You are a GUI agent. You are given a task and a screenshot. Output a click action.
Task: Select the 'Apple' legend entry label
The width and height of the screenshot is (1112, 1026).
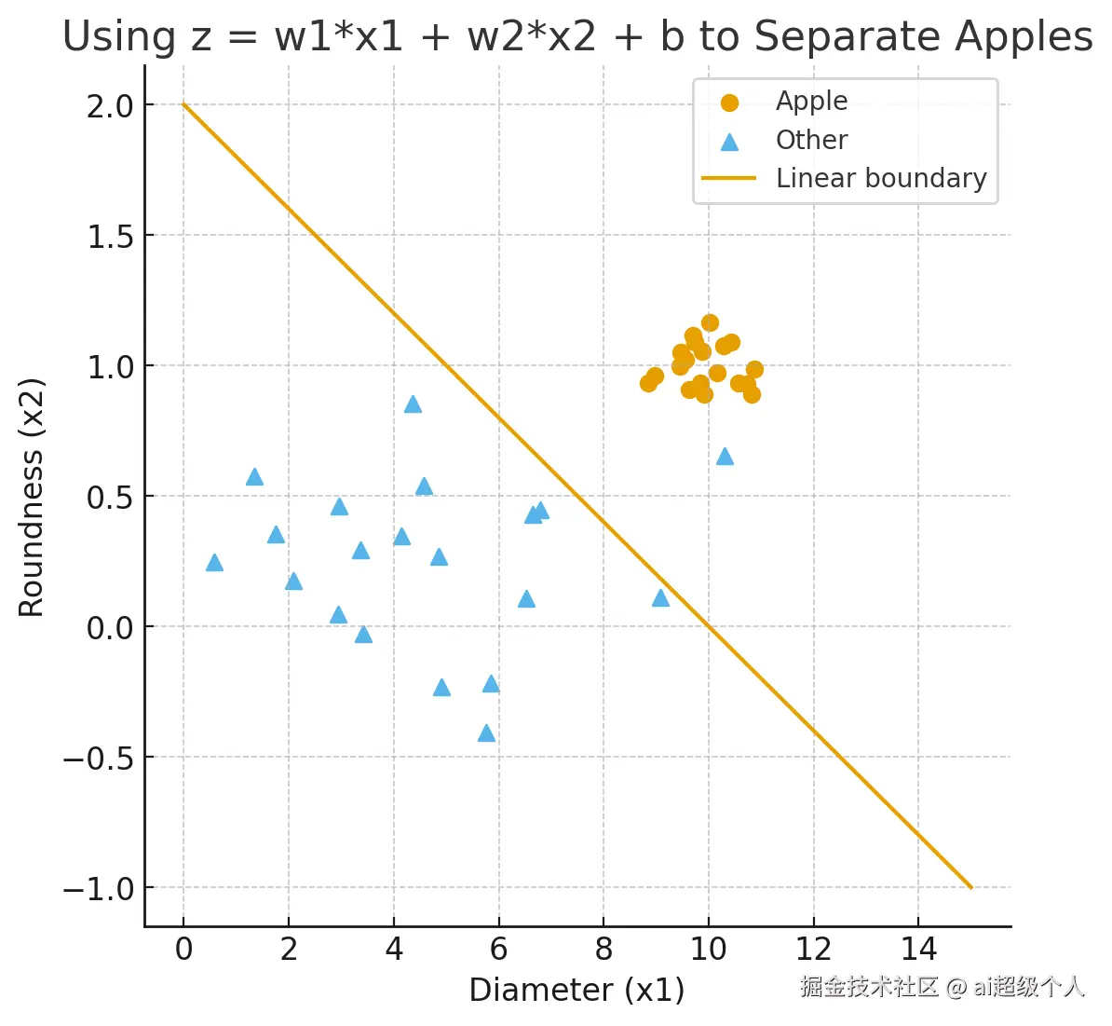pos(811,101)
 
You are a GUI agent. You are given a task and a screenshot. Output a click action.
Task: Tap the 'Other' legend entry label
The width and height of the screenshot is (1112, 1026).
pos(811,140)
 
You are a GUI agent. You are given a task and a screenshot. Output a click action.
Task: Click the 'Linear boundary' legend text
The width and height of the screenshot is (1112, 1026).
pos(880,178)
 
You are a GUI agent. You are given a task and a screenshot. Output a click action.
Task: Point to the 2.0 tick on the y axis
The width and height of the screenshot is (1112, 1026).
pos(111,106)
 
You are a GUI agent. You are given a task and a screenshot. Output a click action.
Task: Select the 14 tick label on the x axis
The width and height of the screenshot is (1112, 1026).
pos(918,949)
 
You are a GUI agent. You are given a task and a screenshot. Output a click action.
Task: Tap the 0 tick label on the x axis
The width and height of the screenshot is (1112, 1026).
pos(183,949)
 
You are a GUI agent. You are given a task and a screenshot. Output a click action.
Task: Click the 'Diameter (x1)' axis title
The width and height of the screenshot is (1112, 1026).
pos(576,990)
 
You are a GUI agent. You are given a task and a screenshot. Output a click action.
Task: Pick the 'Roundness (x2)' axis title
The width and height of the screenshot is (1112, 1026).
pos(32,497)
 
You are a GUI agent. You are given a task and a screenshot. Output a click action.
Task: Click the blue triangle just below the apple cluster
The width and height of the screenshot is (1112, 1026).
pos(725,457)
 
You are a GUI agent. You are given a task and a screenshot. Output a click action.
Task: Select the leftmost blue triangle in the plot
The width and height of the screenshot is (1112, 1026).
pos(214,563)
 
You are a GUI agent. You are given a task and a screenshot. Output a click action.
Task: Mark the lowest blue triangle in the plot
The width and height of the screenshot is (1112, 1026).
pos(486,733)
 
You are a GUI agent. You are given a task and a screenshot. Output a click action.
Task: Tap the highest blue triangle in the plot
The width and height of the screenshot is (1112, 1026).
pos(413,404)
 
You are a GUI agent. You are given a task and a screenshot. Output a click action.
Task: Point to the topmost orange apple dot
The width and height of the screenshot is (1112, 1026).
pos(710,322)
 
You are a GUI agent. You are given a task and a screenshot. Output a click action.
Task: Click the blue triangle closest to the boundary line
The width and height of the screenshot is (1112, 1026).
pos(660,598)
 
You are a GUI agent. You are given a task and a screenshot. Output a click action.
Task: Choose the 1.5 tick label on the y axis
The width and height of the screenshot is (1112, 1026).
pos(111,237)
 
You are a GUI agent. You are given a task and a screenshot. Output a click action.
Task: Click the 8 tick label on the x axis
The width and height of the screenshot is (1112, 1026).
pos(603,949)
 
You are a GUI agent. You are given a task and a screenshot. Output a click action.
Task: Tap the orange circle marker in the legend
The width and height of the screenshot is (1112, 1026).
pos(729,103)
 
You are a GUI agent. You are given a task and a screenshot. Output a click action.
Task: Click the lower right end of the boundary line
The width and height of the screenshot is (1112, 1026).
pos(970,886)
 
